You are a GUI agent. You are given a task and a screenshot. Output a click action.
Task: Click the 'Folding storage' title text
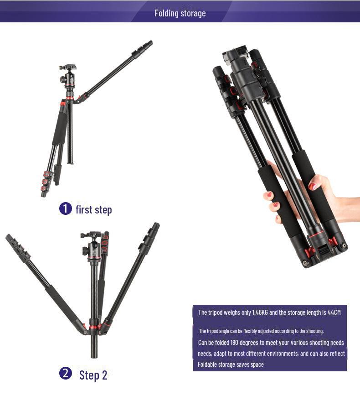coord(180,13)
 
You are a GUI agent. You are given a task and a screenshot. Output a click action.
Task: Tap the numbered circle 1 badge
coord(66,209)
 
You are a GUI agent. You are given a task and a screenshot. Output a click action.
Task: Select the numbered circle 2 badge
coord(66,374)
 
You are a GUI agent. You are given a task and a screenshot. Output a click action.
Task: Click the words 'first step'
coord(93,210)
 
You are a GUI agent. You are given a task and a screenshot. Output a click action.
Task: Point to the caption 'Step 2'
coord(93,375)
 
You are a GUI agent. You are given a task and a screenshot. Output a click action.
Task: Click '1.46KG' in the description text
coord(261,312)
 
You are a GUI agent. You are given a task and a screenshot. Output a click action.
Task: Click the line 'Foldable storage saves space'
coord(231,364)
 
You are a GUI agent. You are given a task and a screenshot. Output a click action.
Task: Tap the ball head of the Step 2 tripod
coord(93,246)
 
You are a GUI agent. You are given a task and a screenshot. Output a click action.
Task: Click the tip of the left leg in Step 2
coord(8,237)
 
